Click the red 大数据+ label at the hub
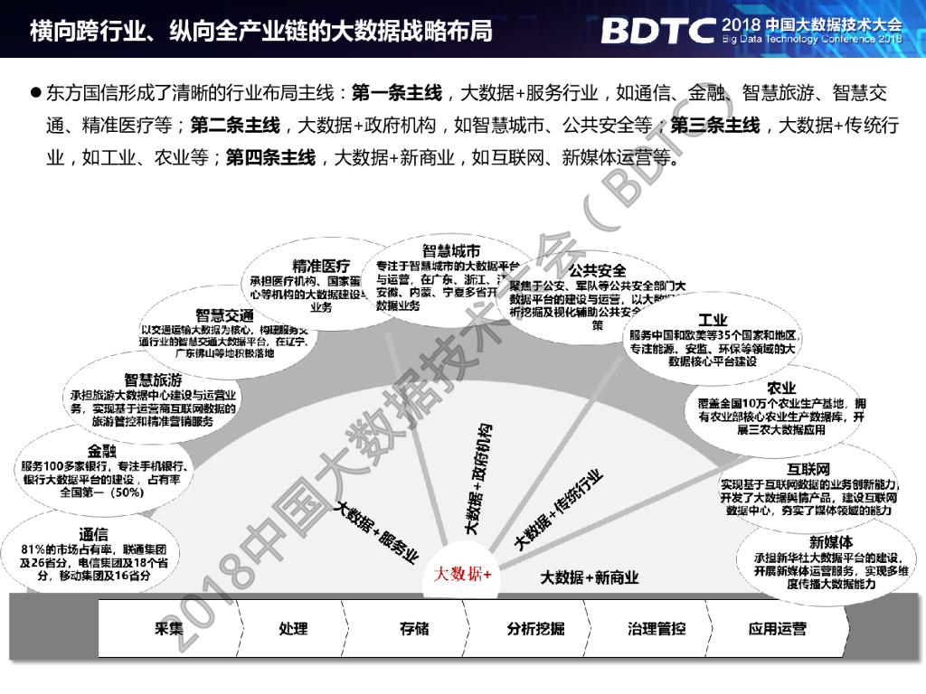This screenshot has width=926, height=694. pyautogui.click(x=462, y=574)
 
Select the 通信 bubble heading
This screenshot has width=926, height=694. pyautogui.click(x=93, y=534)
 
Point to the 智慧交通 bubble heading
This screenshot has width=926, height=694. pyautogui.click(x=224, y=315)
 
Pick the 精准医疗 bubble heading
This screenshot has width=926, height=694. pyautogui.click(x=321, y=266)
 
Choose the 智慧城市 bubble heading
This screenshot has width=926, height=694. pyautogui.click(x=450, y=250)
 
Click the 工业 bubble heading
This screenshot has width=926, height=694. pyautogui.click(x=713, y=321)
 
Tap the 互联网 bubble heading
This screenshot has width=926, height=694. pyautogui.click(x=808, y=470)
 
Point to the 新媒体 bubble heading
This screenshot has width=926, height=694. pyautogui.click(x=830, y=542)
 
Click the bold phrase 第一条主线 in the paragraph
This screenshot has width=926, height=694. pyautogui.click(x=396, y=93)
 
